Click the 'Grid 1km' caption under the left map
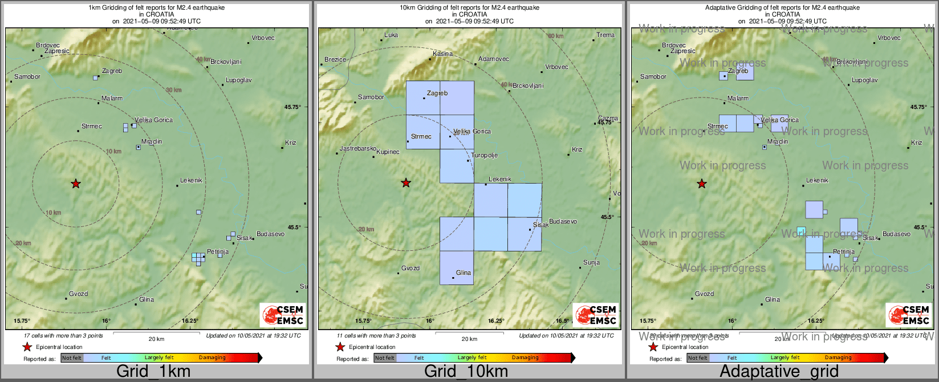coord(153,371)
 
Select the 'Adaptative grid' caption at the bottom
coord(779,371)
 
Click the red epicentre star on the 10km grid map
coord(406,183)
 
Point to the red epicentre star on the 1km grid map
coord(76,184)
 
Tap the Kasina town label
coord(442,54)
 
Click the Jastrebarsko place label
coord(357,149)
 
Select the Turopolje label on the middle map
coord(484,156)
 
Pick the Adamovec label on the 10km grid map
coord(494,59)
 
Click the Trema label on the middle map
coord(605,35)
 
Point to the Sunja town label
coord(591,263)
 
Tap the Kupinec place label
coord(388,152)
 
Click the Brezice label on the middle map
coord(335,60)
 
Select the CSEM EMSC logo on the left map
coord(283,315)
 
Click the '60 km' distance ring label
coord(555,36)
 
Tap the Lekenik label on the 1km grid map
coord(191,181)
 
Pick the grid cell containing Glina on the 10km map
coord(457,267)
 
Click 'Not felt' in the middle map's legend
coord(385,358)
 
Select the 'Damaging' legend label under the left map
coord(212,358)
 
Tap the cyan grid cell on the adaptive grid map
coord(801,231)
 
